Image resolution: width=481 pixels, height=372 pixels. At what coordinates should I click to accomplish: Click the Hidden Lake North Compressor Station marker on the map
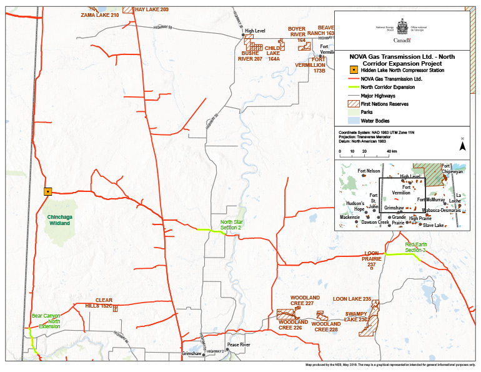point(48,192)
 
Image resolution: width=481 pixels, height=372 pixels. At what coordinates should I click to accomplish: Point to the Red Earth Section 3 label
point(415,247)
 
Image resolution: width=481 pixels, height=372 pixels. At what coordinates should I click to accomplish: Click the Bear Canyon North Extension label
point(46,321)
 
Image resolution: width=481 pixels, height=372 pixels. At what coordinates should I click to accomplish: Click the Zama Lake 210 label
point(99,14)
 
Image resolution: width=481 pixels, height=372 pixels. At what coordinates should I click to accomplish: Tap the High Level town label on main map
point(255,31)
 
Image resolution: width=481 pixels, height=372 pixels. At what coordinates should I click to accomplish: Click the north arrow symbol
point(462,145)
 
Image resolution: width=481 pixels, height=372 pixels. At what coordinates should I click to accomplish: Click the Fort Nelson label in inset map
point(369,171)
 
